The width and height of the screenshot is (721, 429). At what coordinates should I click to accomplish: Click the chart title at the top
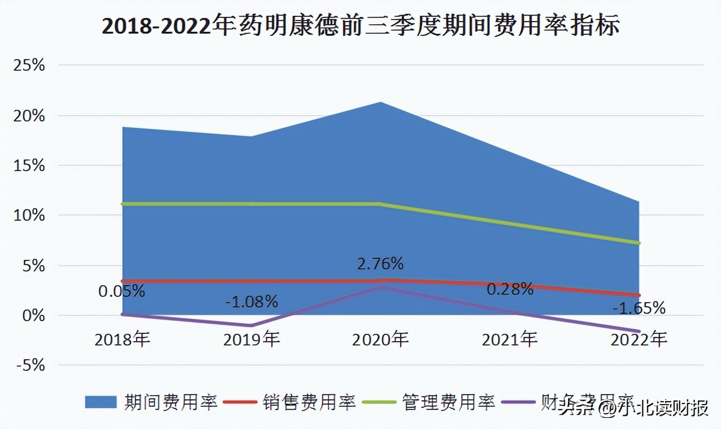360,26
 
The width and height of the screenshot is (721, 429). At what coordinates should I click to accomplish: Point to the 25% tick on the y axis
29,66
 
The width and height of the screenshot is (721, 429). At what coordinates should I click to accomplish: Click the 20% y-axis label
29,116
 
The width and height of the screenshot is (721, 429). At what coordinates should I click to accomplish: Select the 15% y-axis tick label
29,165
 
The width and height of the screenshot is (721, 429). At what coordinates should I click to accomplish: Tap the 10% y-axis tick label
29,216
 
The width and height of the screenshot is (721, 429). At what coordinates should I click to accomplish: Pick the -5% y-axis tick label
29,365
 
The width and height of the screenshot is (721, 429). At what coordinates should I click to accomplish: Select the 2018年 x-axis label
122,339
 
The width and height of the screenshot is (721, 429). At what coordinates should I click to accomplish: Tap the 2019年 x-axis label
251,339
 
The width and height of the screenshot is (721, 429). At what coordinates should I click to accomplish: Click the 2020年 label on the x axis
381,339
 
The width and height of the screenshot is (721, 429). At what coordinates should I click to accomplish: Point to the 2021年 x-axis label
509,339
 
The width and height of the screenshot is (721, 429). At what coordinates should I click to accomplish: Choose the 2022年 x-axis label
639,339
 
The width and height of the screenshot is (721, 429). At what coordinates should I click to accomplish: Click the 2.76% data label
380,263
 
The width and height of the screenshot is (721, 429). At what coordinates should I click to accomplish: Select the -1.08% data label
251,302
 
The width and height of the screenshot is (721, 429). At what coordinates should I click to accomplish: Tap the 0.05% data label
121,291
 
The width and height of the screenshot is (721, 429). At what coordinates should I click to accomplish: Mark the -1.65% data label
639,308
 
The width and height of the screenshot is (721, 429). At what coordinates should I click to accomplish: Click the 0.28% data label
510,289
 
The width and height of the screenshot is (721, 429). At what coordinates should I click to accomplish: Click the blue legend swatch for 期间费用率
100,402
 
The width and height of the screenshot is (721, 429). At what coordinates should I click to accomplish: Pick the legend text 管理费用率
449,402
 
